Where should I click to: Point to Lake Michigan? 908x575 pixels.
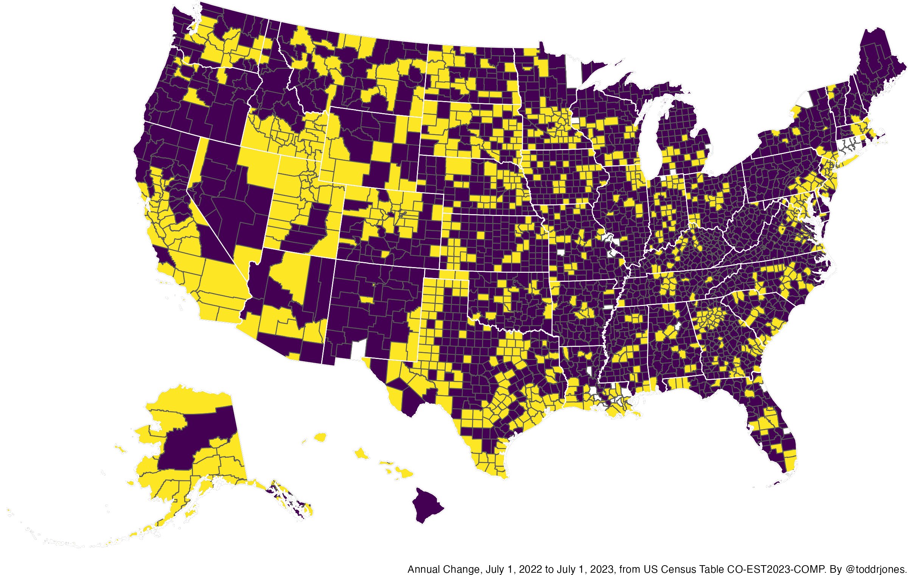(651, 140)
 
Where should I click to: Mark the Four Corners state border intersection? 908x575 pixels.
(336, 259)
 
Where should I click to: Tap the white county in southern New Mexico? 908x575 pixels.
(357, 350)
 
